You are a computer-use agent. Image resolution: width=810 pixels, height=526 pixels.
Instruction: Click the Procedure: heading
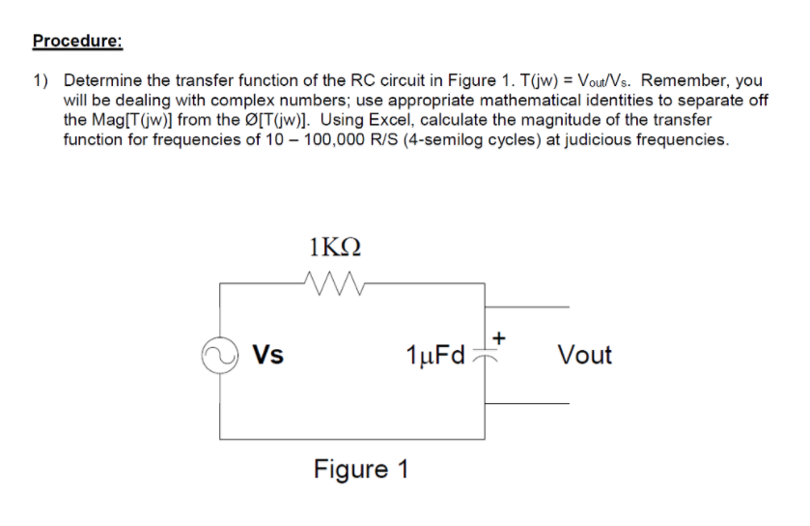pyautogui.click(x=77, y=42)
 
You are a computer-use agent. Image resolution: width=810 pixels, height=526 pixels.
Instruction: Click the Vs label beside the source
pyautogui.click(x=267, y=355)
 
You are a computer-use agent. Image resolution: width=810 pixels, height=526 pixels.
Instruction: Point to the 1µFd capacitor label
pyautogui.click(x=435, y=355)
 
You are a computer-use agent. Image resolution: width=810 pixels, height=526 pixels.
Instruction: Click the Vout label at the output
pyautogui.click(x=584, y=355)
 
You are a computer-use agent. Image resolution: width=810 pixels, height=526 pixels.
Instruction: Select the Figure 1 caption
pyautogui.click(x=361, y=470)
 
